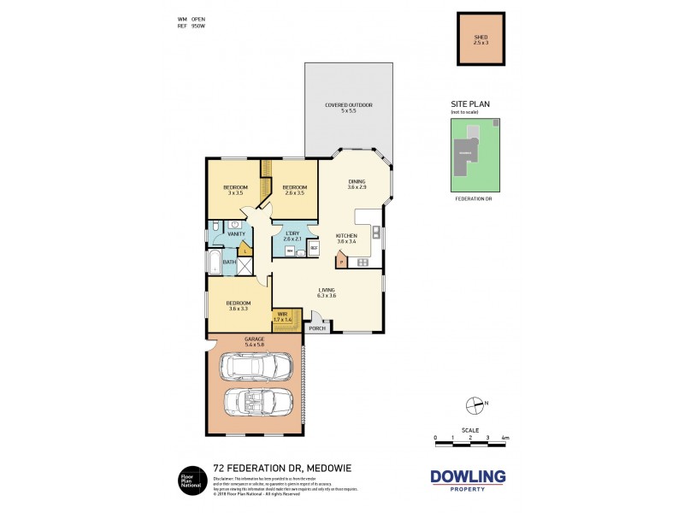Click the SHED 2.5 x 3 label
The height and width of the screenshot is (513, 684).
481,39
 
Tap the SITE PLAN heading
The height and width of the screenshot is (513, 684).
470,104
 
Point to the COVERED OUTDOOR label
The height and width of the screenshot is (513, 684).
348,108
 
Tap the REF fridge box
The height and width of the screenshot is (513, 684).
314,248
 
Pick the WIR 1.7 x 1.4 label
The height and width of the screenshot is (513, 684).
283,317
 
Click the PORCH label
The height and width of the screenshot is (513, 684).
315,327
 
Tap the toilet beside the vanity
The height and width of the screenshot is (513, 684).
215,227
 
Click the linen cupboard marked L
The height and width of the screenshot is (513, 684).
245,251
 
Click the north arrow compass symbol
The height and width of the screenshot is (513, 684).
469,404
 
